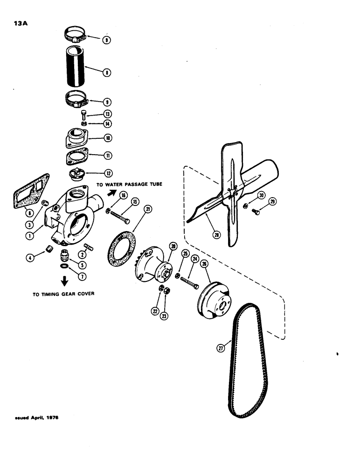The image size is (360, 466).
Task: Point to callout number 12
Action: coord(107,173)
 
